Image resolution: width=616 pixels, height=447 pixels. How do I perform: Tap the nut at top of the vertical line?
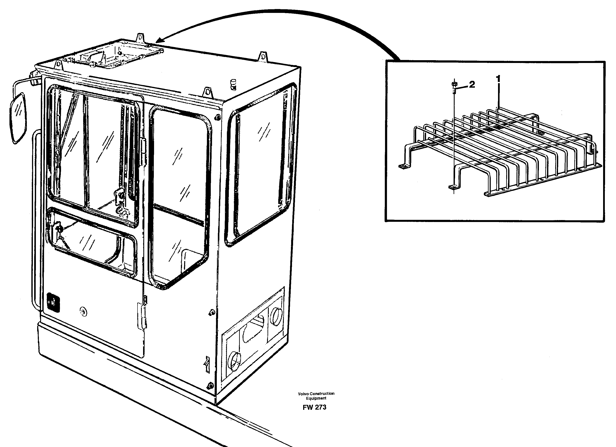click(454, 84)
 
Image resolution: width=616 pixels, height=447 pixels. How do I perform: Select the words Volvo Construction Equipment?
click(316, 396)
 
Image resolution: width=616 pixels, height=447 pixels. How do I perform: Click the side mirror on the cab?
click(18, 118)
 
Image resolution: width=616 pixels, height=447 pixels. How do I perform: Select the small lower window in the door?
click(92, 242)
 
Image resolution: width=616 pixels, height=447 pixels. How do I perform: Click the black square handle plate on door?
click(53, 301)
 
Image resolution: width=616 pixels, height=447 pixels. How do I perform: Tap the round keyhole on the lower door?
click(84, 311)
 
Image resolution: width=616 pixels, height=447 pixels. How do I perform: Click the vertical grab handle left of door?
click(35, 220)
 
